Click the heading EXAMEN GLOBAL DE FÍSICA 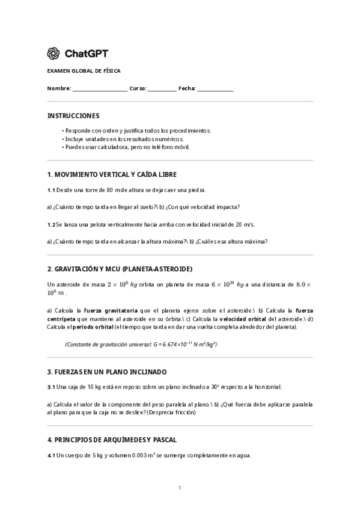coord(84,71)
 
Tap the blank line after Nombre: coord(100,89)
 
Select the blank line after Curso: coord(162,89)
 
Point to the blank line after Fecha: coord(215,89)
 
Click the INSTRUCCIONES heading coord(73,115)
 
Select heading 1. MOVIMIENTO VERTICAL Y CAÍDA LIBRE coord(112,174)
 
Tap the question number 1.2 coord(51,224)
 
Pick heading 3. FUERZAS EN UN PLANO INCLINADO coord(107,372)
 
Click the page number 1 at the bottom coord(180,488)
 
